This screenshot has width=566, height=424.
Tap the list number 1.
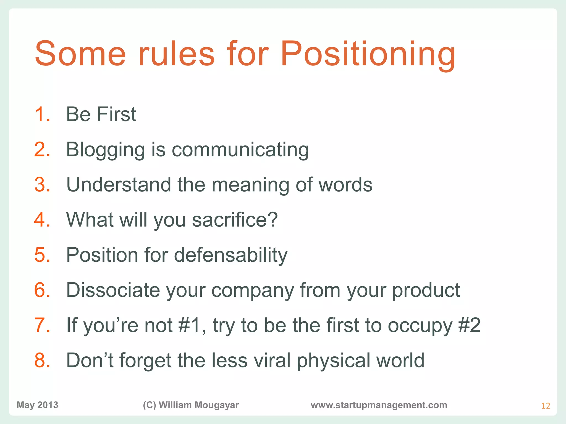tap(42, 114)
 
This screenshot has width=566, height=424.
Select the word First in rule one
tap(116, 114)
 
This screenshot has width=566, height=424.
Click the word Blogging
tap(105, 150)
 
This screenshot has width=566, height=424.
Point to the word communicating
tap(240, 150)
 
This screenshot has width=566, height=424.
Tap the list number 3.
tap(42, 184)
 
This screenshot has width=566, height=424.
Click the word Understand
tap(119, 184)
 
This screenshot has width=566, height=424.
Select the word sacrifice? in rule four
tap(235, 220)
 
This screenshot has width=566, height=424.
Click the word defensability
tap(231, 255)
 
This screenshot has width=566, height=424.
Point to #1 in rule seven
tap(192, 325)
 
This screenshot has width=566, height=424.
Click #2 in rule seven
tap(469, 325)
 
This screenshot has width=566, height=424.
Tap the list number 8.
tap(42, 360)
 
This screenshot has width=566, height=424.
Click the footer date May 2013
tap(38, 405)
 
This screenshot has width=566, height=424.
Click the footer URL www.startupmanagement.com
tap(379, 405)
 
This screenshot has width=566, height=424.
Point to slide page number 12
tap(545, 406)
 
